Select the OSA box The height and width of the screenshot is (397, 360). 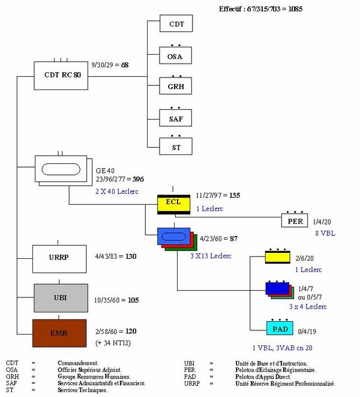176,57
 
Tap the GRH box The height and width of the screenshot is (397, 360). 176,87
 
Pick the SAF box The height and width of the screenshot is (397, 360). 176,119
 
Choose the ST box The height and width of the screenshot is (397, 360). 176,147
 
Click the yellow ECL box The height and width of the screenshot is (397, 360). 173,202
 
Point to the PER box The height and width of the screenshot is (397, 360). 294,221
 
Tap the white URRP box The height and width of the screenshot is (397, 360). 59,256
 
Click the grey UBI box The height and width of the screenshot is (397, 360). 59,299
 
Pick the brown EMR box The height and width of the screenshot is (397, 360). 59,331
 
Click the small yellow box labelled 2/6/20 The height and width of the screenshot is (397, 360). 278,257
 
